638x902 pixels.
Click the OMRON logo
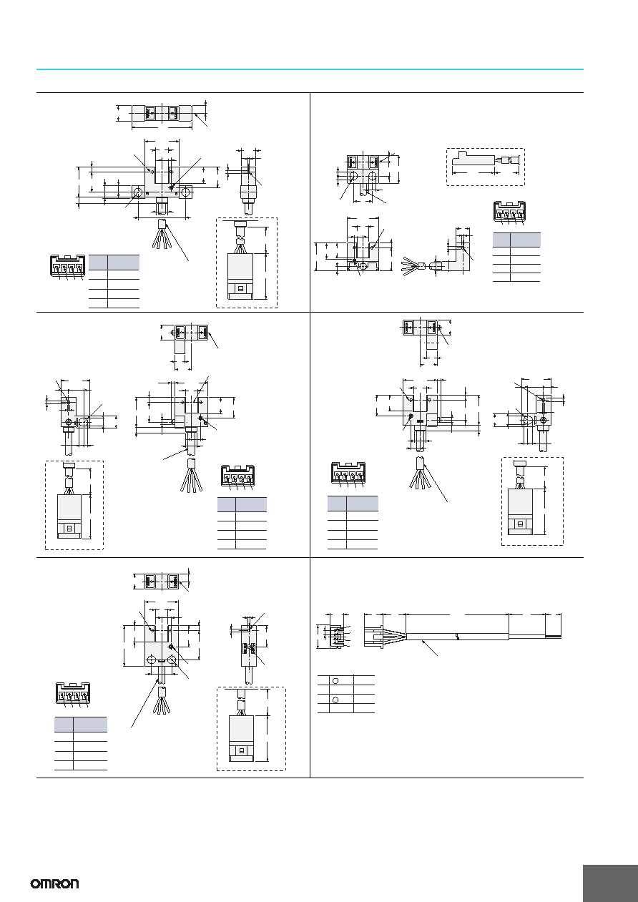coord(55,883)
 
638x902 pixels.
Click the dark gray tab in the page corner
coord(610,883)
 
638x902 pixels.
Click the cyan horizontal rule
coord(310,69)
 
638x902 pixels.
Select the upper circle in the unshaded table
coord(335,680)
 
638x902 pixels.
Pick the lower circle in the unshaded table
coord(335,700)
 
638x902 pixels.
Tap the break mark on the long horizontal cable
coord(458,637)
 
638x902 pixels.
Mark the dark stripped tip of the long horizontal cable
coord(553,636)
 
